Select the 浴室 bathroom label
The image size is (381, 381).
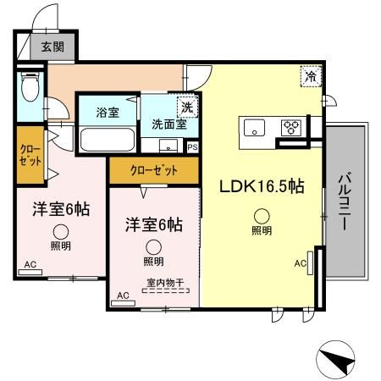107,111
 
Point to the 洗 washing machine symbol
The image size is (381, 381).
185,108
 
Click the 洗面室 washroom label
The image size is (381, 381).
168,123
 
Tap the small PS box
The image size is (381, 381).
192,146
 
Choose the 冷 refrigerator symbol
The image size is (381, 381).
312,76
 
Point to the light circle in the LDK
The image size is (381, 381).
262,213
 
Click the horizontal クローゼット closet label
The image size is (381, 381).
154,170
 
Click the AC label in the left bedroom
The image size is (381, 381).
30,265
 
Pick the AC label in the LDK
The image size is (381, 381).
300,263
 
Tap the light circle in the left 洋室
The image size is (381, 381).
61,230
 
